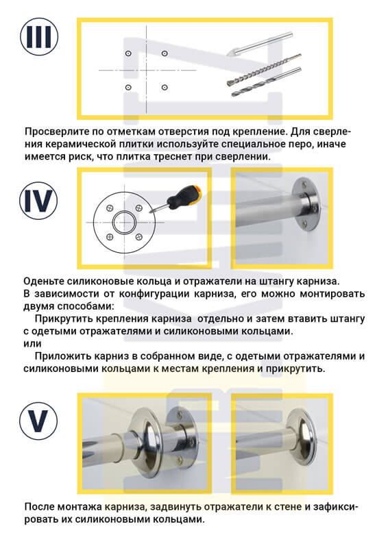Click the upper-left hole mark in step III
point(128,53)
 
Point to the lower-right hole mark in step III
point(165,87)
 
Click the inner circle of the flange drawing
point(124,222)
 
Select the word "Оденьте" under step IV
point(44,282)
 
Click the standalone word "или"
point(30,344)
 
